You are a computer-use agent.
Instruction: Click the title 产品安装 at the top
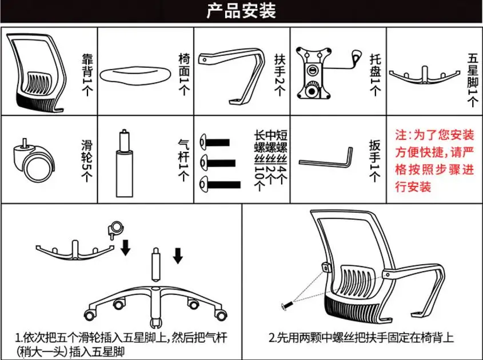click(241, 11)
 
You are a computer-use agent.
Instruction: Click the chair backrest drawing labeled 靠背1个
click(40, 71)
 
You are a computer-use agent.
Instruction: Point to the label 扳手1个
click(374, 160)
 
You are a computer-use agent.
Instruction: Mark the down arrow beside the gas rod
click(178, 256)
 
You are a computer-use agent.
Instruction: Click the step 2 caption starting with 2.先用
click(361, 338)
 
